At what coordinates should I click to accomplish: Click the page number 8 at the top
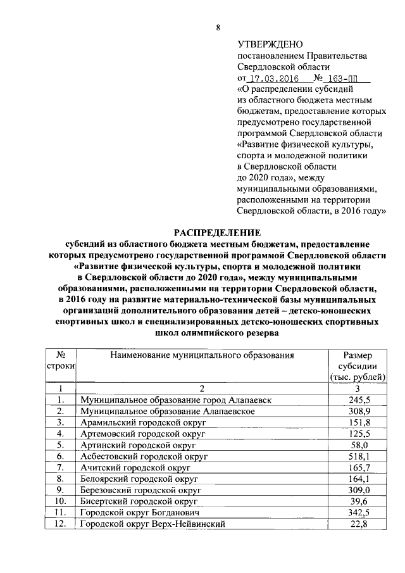point(218,27)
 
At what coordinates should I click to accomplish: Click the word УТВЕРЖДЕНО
point(267,45)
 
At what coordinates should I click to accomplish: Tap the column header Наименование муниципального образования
point(202,355)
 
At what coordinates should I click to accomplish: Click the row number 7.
point(61,467)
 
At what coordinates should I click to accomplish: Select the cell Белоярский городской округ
point(140,479)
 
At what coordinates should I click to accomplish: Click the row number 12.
point(61,524)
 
